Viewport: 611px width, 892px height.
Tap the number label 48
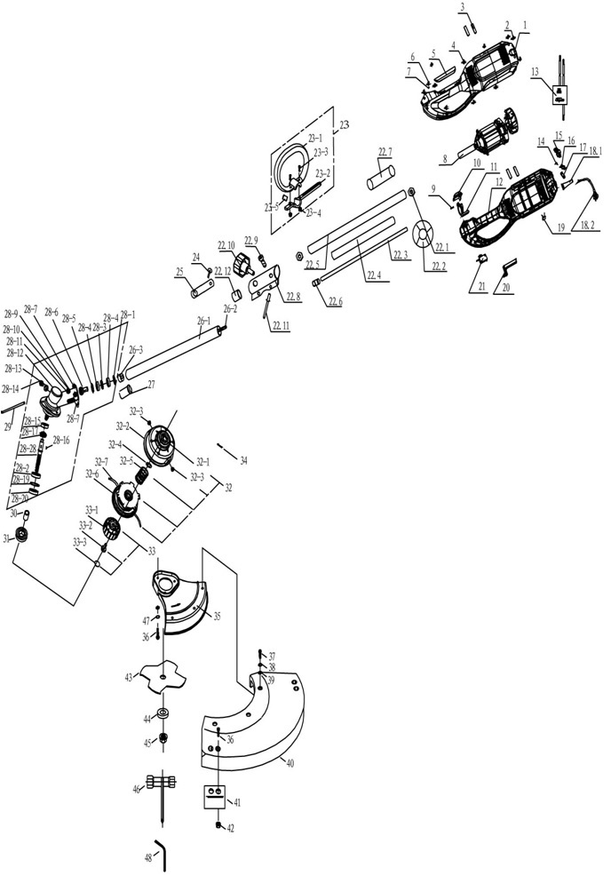tap(147, 859)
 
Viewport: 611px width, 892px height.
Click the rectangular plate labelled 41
tap(215, 796)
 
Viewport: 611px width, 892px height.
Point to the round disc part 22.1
tap(425, 235)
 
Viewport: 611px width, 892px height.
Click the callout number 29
tap(8, 428)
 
